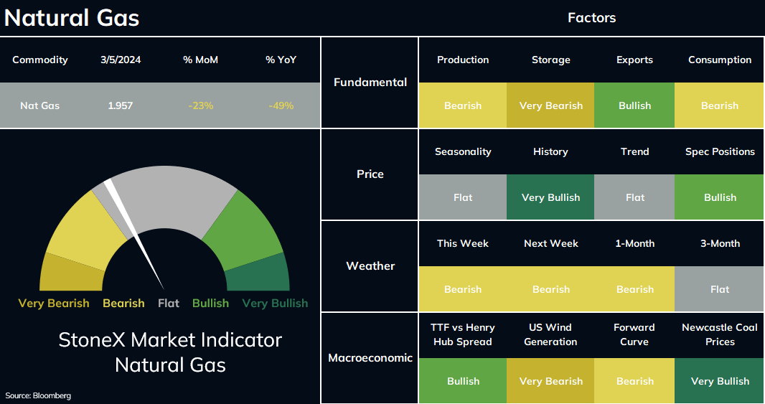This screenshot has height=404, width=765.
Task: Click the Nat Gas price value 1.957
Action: [x=120, y=105]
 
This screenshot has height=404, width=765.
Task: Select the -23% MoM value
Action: [x=200, y=105]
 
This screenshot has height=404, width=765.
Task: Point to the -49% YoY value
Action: [x=281, y=105]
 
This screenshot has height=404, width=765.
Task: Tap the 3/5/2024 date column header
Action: [x=121, y=60]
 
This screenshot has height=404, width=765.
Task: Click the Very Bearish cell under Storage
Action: [x=551, y=105]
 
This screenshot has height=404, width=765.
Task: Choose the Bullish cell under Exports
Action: [x=634, y=105]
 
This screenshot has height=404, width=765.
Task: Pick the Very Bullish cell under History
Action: [x=551, y=197]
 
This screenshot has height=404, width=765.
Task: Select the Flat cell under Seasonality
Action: [x=463, y=197]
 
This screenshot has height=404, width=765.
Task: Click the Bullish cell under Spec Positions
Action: [x=720, y=197]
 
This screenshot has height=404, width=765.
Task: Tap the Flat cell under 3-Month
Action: [x=720, y=289]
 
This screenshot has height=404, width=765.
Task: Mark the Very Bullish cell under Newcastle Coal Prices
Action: [x=720, y=380]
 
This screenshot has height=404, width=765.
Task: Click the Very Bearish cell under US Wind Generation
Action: [x=551, y=380]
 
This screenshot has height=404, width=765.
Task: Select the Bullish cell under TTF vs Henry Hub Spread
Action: [x=463, y=380]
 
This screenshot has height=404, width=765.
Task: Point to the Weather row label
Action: [x=370, y=266]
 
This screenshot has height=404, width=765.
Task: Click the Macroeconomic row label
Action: [x=370, y=357]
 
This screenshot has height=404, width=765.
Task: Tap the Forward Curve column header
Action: [x=634, y=334]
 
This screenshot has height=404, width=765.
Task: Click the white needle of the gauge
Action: [x=133, y=233]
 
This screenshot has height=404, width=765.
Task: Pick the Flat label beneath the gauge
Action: [x=169, y=303]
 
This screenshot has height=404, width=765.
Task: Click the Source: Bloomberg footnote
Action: [x=38, y=395]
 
